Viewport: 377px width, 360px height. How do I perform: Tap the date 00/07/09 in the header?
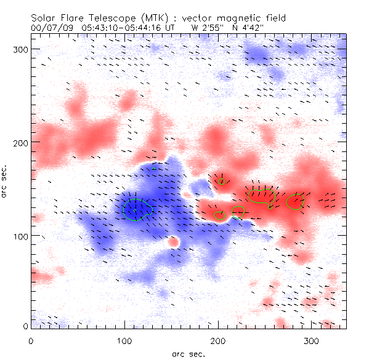49,28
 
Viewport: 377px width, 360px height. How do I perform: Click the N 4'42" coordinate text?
246,28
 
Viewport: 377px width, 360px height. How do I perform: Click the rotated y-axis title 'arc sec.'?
4,182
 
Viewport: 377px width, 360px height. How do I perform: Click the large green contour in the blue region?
136,209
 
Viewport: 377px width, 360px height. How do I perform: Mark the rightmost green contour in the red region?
296,202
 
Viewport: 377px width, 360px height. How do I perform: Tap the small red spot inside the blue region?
174,242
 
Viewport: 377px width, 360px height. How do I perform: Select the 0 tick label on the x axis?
30,340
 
